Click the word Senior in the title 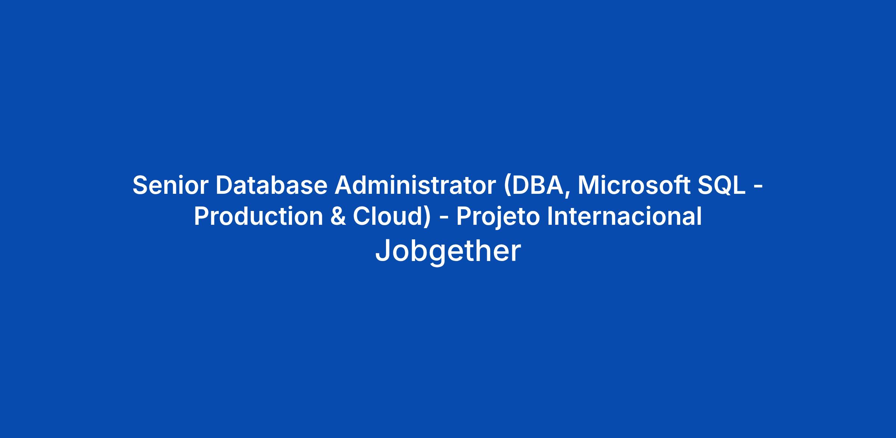pos(170,185)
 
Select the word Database pos(271,185)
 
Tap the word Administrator pos(415,185)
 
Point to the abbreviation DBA pos(538,185)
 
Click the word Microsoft pos(634,185)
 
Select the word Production pos(258,217)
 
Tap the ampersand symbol pos(338,217)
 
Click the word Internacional pos(624,217)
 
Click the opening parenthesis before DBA pos(507,186)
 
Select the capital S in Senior pos(141,185)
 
